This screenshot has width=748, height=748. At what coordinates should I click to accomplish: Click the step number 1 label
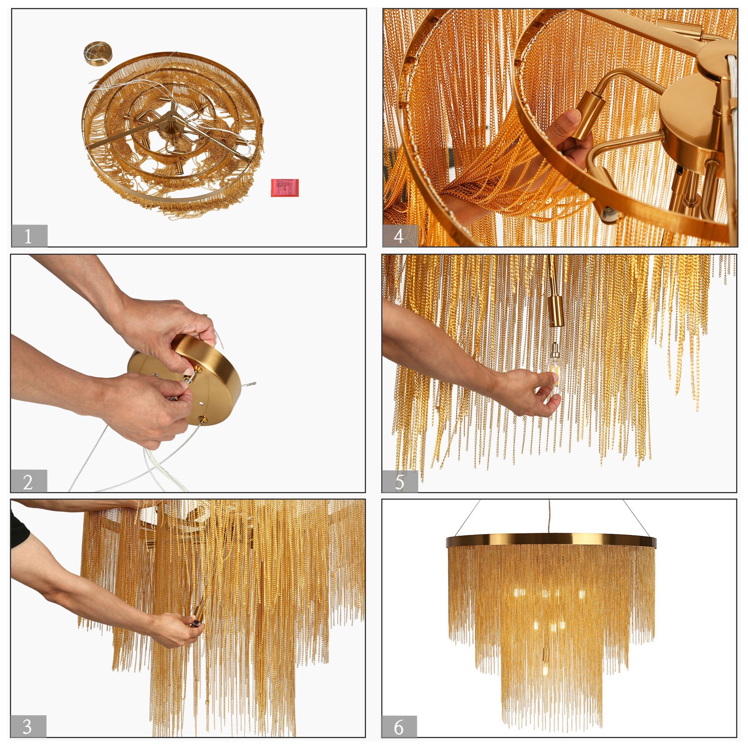click(x=29, y=236)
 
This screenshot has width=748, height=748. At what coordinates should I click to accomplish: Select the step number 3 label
click(x=28, y=727)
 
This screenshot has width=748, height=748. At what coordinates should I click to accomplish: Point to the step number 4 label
click(x=400, y=236)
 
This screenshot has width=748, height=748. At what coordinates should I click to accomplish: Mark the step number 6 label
click(x=399, y=727)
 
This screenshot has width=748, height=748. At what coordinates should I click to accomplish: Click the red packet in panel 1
click(x=285, y=188)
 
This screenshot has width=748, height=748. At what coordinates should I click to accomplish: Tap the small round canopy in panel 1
click(x=97, y=53)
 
